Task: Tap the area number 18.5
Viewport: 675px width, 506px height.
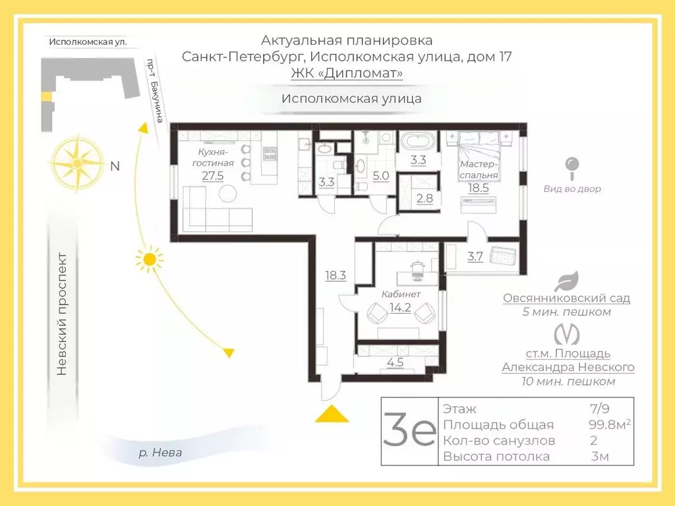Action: click(479, 188)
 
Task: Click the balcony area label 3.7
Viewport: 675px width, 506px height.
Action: click(475, 257)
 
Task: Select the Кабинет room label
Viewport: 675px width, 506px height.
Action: click(401, 294)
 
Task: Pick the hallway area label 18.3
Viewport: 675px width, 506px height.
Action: click(336, 275)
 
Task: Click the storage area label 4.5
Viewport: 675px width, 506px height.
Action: click(395, 361)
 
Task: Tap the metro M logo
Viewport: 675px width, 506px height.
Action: click(566, 334)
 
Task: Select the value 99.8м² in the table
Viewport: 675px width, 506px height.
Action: click(609, 425)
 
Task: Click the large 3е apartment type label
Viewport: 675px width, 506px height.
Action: click(409, 432)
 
